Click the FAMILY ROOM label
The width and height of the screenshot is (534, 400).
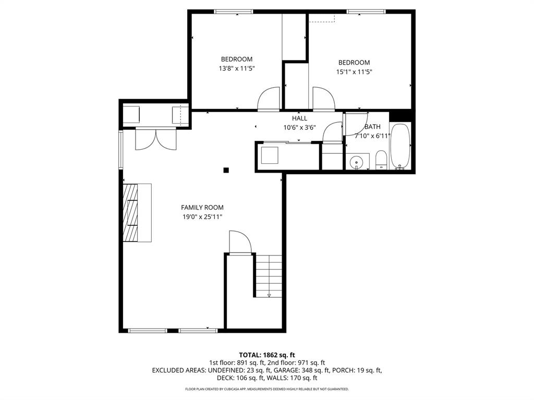coord(202,207)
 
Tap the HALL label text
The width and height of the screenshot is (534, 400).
coord(299,118)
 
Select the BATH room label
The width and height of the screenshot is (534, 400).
coord(372,127)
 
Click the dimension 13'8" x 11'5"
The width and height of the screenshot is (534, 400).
coord(237,68)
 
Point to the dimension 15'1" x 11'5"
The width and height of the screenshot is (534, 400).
coord(354,72)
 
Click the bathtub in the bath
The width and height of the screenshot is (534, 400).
coord(400,147)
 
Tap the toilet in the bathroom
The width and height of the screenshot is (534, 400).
coord(381,160)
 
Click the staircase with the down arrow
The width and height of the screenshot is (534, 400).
coord(269,276)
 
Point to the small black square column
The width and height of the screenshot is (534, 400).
coord(226,169)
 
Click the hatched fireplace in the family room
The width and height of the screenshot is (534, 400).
coord(130,213)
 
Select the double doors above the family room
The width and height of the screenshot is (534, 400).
coord(156,139)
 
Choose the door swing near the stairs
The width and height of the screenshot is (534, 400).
coord(240,242)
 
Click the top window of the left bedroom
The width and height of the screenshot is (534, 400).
coord(234,11)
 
